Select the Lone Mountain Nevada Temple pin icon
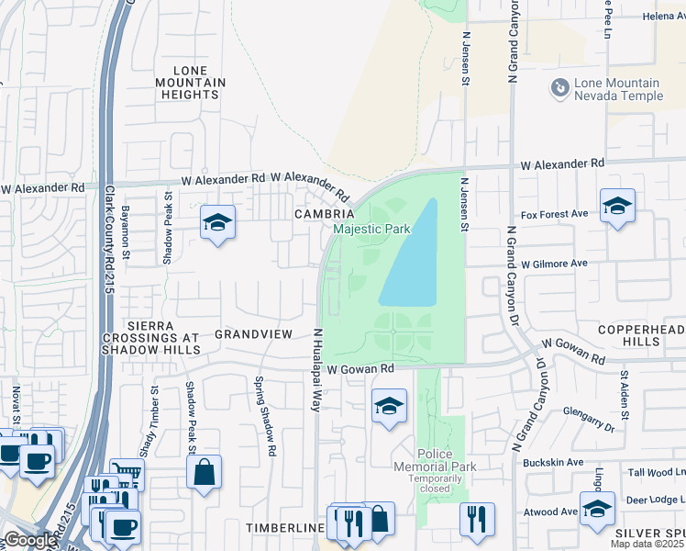(559, 88)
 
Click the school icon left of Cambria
(218, 222)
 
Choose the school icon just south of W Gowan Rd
(389, 405)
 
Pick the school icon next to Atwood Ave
(597, 509)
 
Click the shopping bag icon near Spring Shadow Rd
(204, 472)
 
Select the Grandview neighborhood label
(253, 334)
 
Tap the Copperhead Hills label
(641, 335)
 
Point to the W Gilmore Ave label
(554, 263)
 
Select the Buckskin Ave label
(553, 462)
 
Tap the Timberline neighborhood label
(285, 529)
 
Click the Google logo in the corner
(30, 540)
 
